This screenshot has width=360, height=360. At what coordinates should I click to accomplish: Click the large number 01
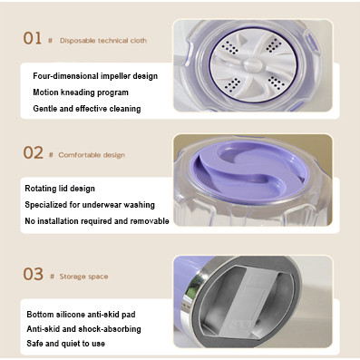[33, 38]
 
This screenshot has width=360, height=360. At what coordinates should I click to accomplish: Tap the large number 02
[34, 152]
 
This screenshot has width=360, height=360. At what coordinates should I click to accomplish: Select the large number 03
[34, 274]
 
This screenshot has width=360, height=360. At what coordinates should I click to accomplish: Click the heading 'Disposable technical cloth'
[103, 41]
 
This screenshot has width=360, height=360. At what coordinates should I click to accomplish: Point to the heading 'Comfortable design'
[92, 155]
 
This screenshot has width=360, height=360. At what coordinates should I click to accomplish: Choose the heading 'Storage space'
[83, 277]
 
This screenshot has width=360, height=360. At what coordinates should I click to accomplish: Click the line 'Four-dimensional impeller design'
[95, 76]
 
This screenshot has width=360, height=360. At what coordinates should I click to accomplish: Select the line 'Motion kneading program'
[81, 92]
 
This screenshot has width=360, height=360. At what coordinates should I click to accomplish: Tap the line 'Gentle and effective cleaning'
[87, 109]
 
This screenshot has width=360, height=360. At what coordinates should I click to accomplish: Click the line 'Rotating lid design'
[60, 189]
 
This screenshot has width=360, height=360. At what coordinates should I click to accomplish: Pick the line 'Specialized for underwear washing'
[90, 205]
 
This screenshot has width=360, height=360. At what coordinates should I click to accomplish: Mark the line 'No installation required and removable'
[97, 221]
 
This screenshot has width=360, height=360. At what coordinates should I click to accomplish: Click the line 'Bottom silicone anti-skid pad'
[81, 315]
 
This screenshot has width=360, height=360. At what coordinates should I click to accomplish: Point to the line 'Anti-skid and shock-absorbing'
[83, 329]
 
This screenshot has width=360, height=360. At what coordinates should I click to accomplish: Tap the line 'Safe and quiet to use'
[65, 344]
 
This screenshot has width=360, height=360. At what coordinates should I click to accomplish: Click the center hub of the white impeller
[253, 64]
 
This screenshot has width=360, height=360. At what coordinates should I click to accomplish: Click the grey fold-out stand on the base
[245, 302]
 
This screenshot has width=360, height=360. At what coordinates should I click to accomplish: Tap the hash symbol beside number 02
[51, 155]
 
